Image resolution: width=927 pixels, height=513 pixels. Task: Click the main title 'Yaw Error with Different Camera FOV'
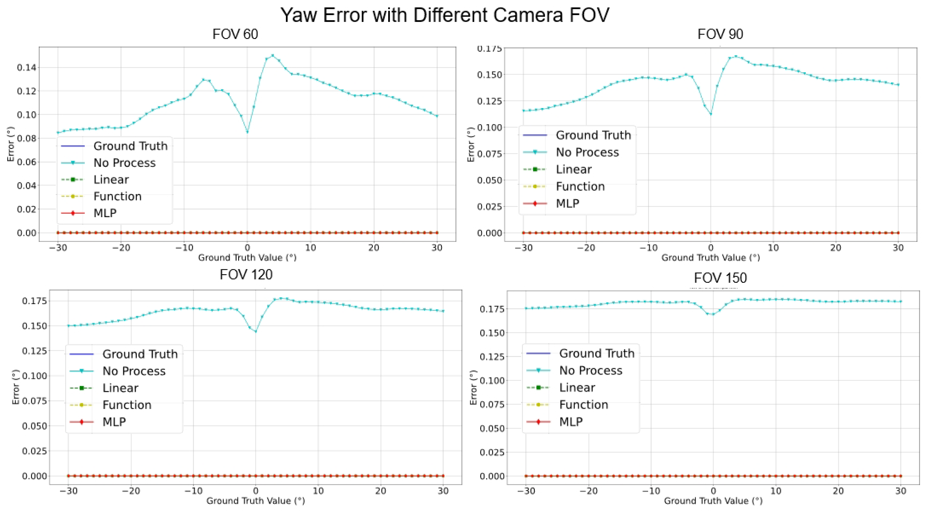(445, 15)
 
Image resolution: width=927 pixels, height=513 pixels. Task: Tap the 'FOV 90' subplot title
(720, 34)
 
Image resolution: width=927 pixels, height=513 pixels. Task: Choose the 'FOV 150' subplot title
(720, 278)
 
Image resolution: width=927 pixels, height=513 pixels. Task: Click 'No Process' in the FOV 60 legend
(124, 163)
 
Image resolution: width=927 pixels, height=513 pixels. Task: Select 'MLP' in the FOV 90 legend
(568, 203)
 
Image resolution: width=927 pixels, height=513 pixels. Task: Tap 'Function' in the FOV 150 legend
(583, 405)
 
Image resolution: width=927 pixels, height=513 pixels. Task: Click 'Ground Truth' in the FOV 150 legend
(597, 353)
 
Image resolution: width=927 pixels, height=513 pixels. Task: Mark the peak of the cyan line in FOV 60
(272, 55)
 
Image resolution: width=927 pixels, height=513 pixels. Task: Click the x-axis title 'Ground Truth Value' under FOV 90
(710, 258)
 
